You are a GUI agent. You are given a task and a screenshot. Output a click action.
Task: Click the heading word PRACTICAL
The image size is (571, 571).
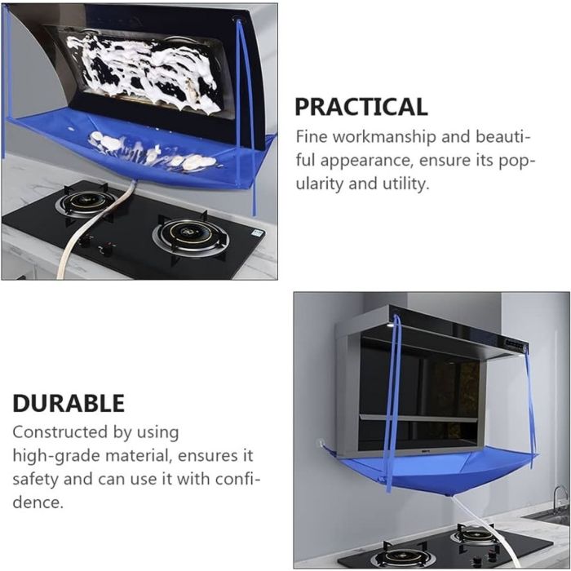pyautogui.click(x=361, y=107)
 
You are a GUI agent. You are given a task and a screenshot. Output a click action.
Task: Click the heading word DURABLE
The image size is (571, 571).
pyautogui.click(x=69, y=403)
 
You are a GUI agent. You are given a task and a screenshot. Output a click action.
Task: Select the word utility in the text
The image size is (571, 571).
pyautogui.click(x=405, y=184)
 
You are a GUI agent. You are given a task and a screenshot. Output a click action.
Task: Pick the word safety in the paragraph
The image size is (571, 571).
pyautogui.click(x=36, y=480)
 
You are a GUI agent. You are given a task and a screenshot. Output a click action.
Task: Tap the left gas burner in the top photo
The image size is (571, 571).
pyautogui.click(x=86, y=201)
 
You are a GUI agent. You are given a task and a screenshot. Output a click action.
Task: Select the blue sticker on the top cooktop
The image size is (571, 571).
pyautogui.click(x=259, y=232)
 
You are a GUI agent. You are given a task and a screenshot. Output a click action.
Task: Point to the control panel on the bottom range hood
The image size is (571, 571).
pyautogui.click(x=516, y=345)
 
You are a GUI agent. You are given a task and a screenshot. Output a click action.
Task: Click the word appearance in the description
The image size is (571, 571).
pyautogui.click(x=367, y=161)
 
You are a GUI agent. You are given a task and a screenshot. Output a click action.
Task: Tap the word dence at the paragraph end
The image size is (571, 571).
pyautogui.click(x=38, y=502)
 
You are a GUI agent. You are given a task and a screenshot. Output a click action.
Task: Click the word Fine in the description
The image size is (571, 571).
pyautogui.click(x=312, y=137)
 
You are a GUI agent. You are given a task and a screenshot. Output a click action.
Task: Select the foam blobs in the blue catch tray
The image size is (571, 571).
pyautogui.click(x=153, y=149)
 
